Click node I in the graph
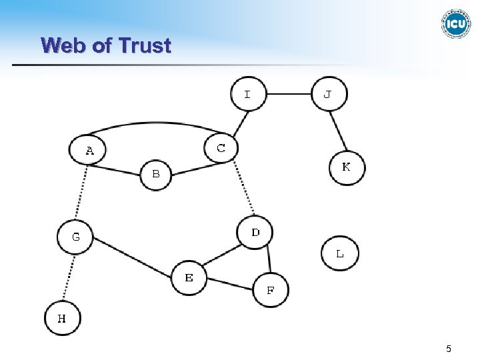click(248, 94)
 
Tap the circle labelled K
click(347, 167)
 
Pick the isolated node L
click(339, 253)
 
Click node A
click(87, 151)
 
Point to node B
click(156, 175)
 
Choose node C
click(221, 148)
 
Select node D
click(255, 233)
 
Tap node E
click(189, 277)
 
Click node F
click(271, 290)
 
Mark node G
click(75, 237)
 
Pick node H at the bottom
click(62, 318)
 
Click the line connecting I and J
click(289, 94)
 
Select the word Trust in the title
click(144, 45)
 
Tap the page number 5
click(449, 349)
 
